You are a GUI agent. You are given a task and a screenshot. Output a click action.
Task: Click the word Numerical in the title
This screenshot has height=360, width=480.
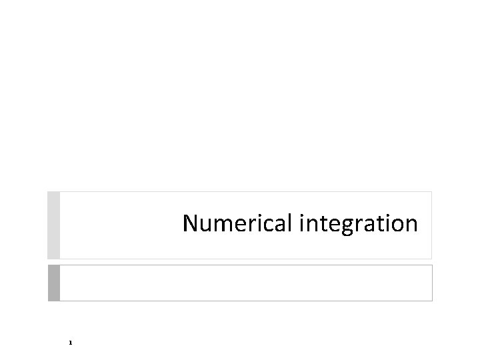click(x=238, y=224)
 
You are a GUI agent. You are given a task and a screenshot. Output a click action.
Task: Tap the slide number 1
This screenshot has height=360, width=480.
click(x=69, y=343)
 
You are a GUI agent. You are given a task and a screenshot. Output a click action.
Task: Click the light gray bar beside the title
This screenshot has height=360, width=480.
click(x=54, y=225)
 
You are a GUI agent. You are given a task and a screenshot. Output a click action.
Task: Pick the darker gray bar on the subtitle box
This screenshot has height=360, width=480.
click(x=54, y=283)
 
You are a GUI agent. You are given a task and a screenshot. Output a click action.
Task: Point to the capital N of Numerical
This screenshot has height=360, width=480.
click(x=191, y=223)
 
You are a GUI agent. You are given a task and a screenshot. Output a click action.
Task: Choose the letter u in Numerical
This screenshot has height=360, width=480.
click(x=206, y=225)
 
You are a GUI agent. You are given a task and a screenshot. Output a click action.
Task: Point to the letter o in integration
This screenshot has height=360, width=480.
click(x=396, y=225)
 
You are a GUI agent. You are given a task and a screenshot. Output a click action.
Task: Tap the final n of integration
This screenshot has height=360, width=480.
click(x=411, y=225)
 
